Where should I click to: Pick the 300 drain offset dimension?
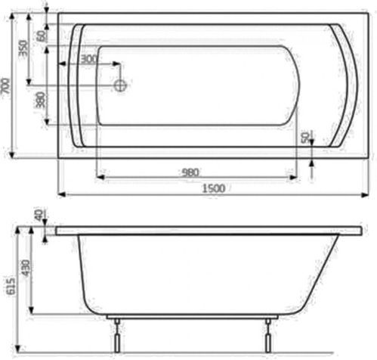tap(88, 59)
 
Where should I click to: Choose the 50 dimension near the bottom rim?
tap(304, 137)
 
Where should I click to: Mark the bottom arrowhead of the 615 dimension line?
tap(16, 352)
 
